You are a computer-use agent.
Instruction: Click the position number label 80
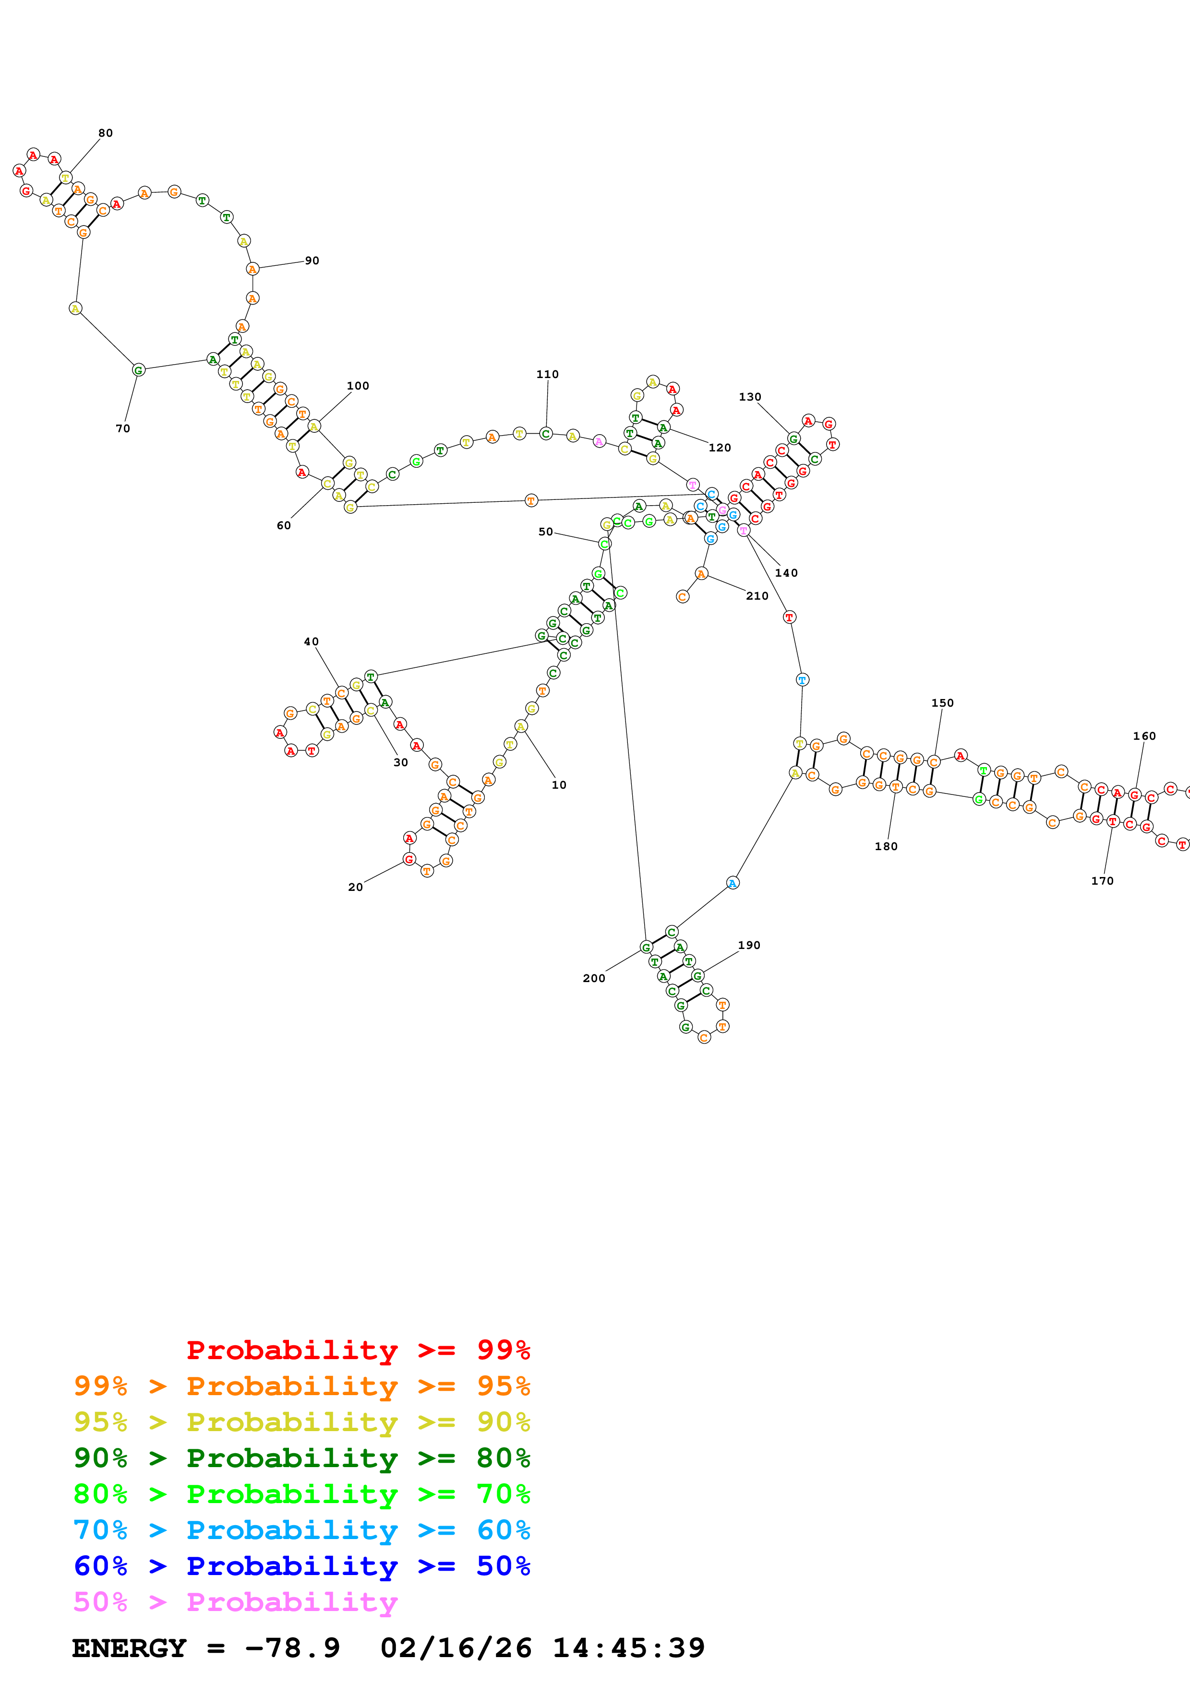click(106, 133)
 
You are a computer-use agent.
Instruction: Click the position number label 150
click(943, 703)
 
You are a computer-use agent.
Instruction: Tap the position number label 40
click(312, 642)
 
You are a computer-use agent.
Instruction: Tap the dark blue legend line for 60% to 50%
click(302, 1566)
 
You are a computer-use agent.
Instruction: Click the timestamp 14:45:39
click(628, 1648)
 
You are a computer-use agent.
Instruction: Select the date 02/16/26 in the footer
click(456, 1648)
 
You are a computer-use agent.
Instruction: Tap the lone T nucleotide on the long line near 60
click(531, 501)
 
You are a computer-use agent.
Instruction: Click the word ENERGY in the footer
click(129, 1648)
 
